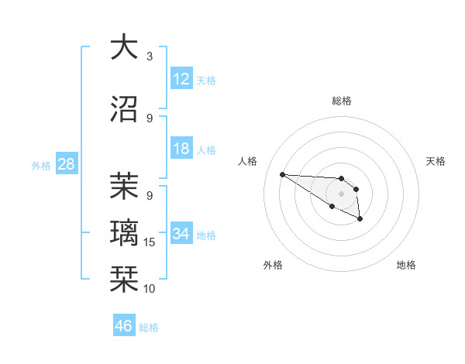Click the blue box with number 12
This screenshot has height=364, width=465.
pyautogui.click(x=181, y=79)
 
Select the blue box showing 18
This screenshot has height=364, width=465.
pyautogui.click(x=181, y=149)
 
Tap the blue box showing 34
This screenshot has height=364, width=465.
pyautogui.click(x=181, y=234)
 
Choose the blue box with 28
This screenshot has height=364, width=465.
pyautogui.click(x=66, y=164)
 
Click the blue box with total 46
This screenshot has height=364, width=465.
pyautogui.click(x=124, y=326)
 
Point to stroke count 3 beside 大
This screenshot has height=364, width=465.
pyautogui.click(x=150, y=57)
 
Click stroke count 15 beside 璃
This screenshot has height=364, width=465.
pyautogui.click(x=150, y=242)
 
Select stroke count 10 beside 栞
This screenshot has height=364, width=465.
pyautogui.click(x=150, y=288)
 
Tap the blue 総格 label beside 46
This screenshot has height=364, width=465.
pyautogui.click(x=149, y=328)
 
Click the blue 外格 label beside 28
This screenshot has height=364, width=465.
pyautogui.click(x=41, y=165)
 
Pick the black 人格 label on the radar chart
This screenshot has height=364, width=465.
pyautogui.click(x=248, y=161)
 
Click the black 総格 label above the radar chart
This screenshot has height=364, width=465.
pyautogui.click(x=341, y=101)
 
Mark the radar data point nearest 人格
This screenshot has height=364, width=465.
pyautogui.click(x=282, y=174)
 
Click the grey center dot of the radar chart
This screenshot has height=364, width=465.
pyautogui.click(x=341, y=193)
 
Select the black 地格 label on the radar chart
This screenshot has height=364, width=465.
pyautogui.click(x=406, y=265)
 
